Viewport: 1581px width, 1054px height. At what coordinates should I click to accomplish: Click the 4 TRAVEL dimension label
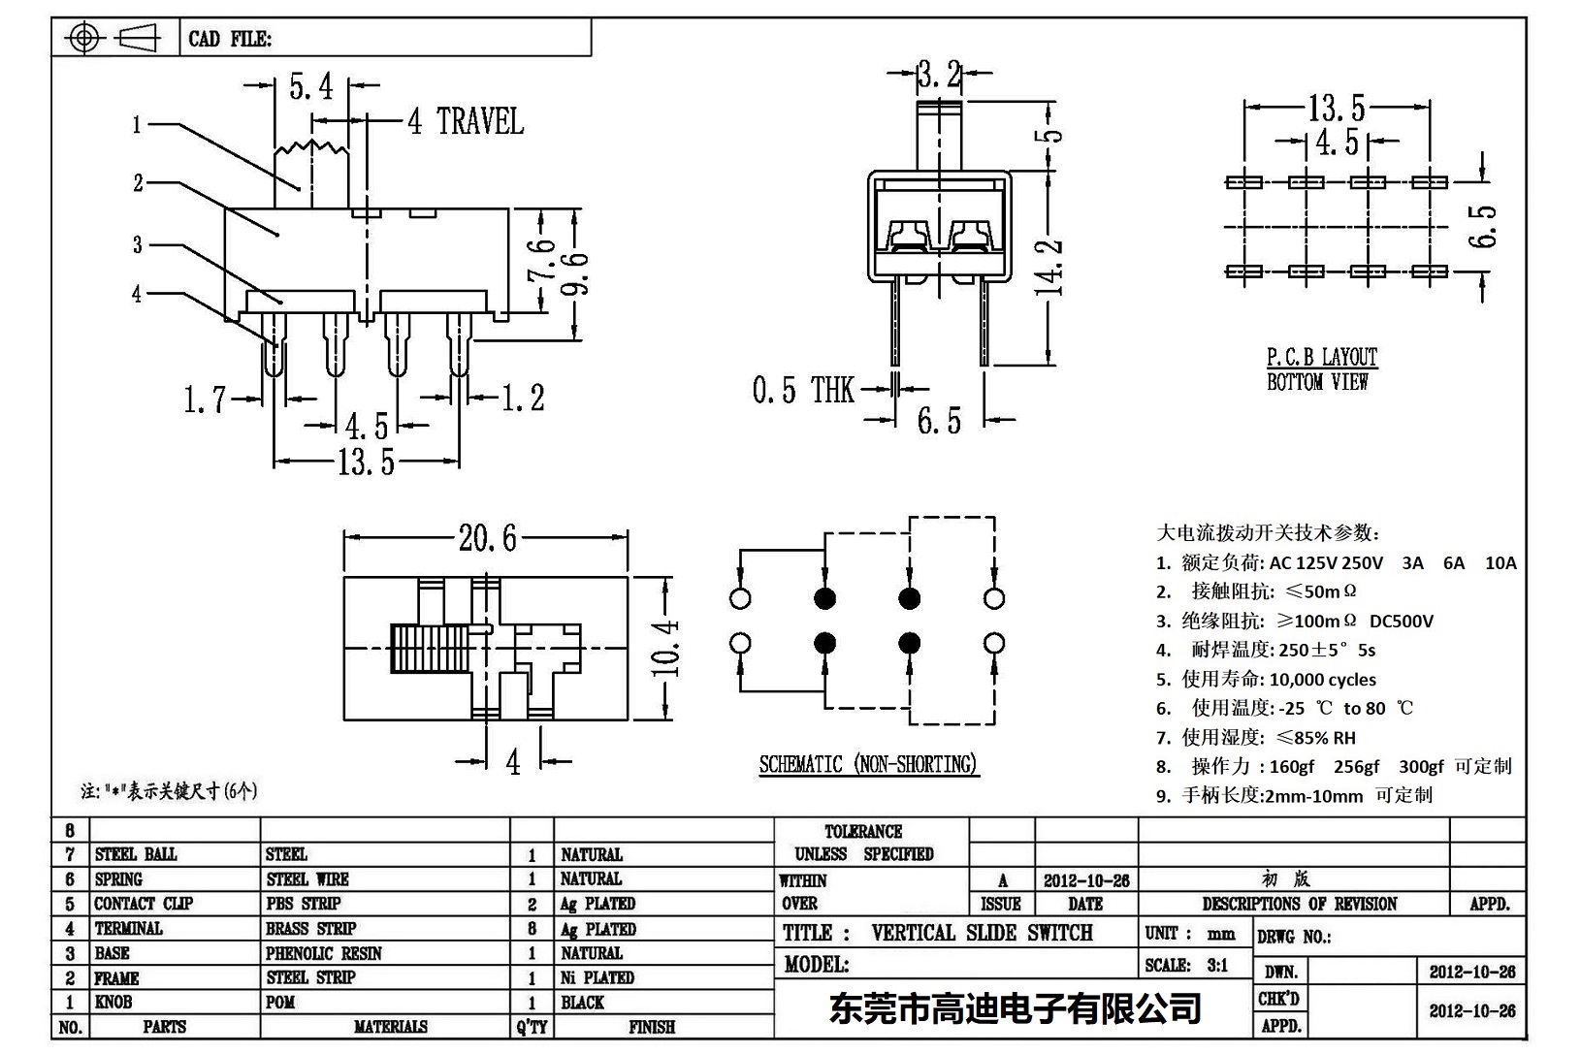(x=466, y=122)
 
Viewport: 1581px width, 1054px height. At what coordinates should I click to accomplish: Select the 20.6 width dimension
(x=488, y=537)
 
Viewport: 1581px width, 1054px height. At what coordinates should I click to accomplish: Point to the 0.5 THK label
(x=802, y=391)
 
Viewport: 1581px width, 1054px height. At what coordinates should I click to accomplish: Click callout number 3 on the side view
(x=137, y=245)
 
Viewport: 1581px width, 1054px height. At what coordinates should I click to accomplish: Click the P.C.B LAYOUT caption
(x=1321, y=358)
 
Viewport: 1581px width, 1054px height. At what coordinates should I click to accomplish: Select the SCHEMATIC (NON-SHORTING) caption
(x=868, y=765)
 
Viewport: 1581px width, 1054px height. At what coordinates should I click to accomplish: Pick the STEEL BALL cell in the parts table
(x=136, y=854)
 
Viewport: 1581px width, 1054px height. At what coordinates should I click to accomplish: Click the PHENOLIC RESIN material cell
(x=324, y=953)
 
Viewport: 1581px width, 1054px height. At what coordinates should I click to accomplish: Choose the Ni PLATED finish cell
(x=597, y=977)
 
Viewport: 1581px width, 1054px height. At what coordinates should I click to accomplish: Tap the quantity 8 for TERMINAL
(x=532, y=929)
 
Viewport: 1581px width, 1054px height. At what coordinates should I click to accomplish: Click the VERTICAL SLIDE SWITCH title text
(x=982, y=933)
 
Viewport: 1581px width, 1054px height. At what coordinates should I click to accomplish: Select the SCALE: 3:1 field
(x=1185, y=965)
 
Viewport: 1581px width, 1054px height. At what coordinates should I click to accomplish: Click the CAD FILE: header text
(x=230, y=40)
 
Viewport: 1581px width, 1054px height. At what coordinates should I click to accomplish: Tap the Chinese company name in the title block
(x=1015, y=1009)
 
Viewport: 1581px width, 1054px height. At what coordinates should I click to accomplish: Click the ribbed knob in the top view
(x=429, y=648)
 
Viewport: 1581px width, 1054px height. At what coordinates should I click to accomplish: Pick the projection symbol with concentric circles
(x=84, y=39)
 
